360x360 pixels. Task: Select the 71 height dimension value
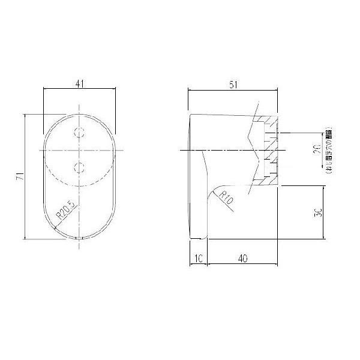tap(20, 176)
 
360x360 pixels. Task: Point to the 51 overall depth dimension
tap(233, 85)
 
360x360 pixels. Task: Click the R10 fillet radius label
tap(226, 197)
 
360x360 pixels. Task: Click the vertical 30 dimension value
tap(320, 213)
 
